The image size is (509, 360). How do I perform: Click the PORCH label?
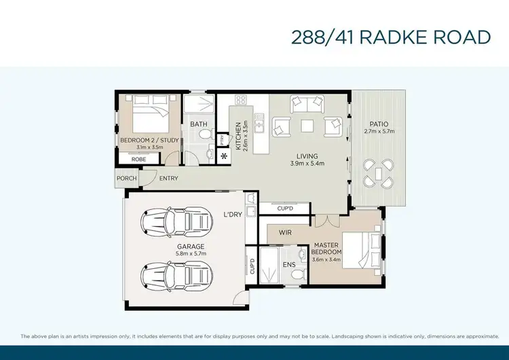[126, 179]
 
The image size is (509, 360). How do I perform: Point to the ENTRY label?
[168, 179]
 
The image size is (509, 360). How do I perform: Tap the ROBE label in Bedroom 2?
[138, 158]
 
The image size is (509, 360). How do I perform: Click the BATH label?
[198, 124]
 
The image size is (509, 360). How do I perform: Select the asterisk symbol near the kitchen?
[224, 156]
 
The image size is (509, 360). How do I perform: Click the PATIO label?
[378, 124]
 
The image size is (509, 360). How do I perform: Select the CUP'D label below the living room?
[286, 206]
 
